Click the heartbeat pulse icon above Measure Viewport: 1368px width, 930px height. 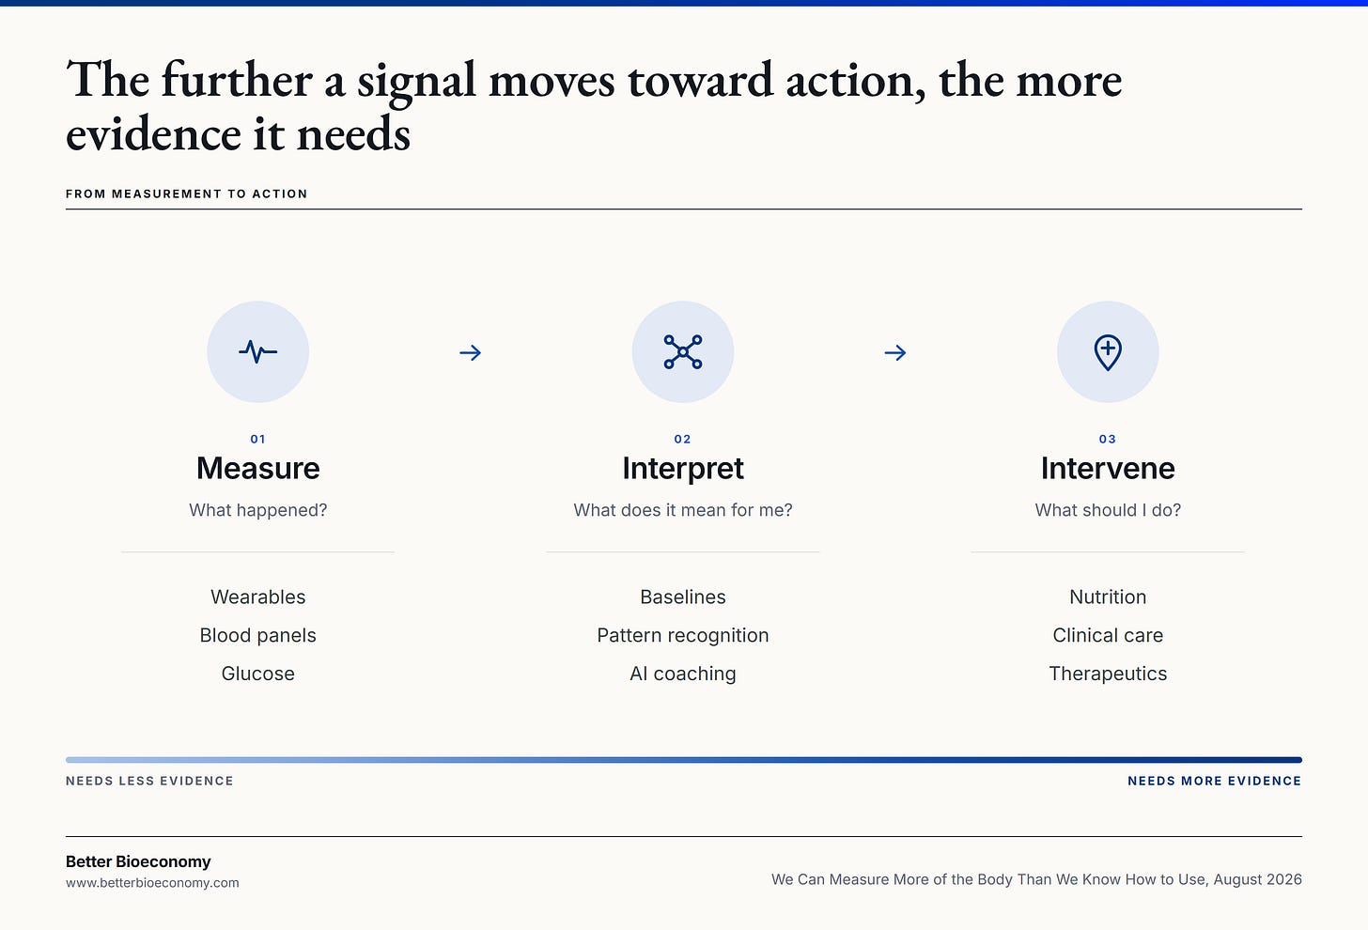(x=257, y=351)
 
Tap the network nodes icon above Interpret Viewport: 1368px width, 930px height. (x=683, y=351)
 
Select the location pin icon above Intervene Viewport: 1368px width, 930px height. (x=1108, y=352)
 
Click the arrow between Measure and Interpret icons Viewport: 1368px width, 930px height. (x=470, y=352)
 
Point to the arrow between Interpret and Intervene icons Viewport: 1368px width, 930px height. (x=895, y=352)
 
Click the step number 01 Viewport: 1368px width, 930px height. (x=257, y=439)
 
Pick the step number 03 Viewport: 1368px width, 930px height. (x=1107, y=439)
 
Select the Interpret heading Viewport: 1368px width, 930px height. (x=683, y=469)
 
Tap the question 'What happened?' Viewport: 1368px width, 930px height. (x=257, y=510)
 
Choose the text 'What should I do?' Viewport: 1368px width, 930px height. (x=1108, y=510)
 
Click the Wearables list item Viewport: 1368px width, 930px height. (x=257, y=597)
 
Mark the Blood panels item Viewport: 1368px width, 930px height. (x=257, y=635)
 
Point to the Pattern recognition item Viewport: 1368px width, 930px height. (x=683, y=635)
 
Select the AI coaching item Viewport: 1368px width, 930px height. (x=683, y=674)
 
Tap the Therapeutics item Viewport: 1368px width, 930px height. (x=1108, y=674)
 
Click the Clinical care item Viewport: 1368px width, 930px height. (x=1108, y=635)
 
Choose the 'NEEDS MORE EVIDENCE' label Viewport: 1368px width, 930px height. (x=1214, y=781)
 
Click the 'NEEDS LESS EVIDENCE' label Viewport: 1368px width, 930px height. (x=149, y=781)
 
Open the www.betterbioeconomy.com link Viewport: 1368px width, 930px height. (x=152, y=883)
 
